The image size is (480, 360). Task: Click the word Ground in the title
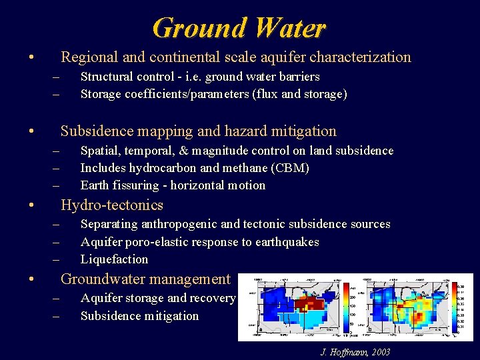[x=194, y=28]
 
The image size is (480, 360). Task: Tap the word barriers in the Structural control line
[x=295, y=77]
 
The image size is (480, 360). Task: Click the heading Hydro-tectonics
[x=112, y=205]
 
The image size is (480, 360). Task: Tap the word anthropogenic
[x=170, y=224]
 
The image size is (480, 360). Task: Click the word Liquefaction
[x=114, y=259]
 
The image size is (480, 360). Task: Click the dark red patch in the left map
[x=308, y=305]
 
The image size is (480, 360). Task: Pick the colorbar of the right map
[x=453, y=307]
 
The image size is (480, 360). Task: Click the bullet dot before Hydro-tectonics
[x=31, y=205]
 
